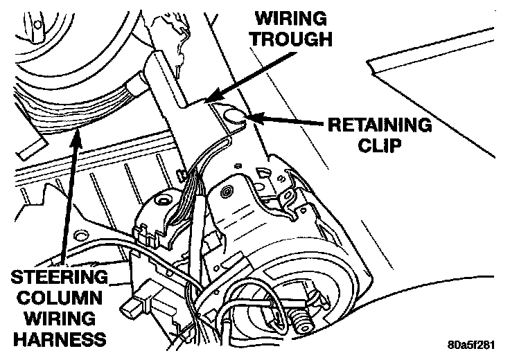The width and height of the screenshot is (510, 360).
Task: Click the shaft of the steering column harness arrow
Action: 69,201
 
